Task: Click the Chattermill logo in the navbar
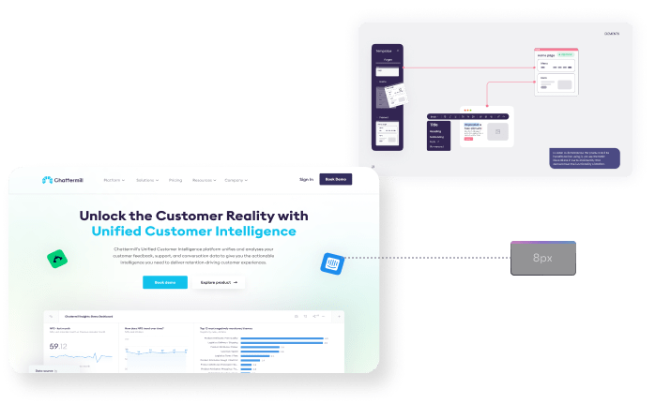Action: point(64,179)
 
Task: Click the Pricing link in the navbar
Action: point(175,179)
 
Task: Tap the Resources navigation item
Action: point(204,179)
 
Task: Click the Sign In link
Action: point(306,179)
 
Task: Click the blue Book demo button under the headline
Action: point(164,281)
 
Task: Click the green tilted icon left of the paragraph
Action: point(57,260)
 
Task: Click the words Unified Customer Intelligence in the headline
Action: point(193,231)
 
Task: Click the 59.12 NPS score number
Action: point(58,347)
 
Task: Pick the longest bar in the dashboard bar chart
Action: point(282,337)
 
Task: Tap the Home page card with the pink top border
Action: point(556,73)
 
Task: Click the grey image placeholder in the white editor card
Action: point(497,131)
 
